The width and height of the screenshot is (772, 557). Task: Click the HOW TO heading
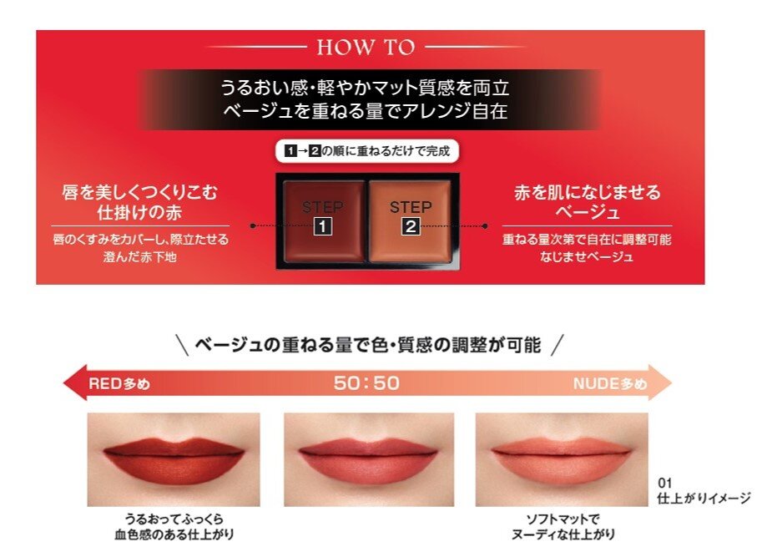click(366, 48)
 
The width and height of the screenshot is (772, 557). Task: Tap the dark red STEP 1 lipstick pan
click(323, 220)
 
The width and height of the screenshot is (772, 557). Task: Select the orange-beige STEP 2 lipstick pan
click(410, 220)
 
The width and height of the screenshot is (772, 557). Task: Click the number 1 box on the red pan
click(323, 226)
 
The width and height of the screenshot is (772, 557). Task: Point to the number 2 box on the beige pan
click(411, 226)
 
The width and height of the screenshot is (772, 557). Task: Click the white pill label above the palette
click(366, 151)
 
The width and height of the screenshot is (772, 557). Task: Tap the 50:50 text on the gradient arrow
click(366, 383)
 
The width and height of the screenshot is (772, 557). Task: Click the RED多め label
click(119, 383)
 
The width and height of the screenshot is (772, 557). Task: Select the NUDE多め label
click(610, 383)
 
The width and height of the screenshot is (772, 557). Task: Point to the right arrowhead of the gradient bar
click(659, 382)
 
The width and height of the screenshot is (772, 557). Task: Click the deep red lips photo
click(174, 459)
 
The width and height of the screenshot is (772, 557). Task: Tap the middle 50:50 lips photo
click(369, 459)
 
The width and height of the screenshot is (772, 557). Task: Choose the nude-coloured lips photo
click(562, 459)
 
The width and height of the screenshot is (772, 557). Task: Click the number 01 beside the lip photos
click(664, 484)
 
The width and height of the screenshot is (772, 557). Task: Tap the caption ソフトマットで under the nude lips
click(563, 519)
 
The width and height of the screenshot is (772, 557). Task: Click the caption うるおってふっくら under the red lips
click(174, 519)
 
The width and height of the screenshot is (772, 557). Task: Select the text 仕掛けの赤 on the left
click(140, 212)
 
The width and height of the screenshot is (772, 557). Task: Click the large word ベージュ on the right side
click(588, 212)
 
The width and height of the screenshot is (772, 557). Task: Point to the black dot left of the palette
click(253, 226)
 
